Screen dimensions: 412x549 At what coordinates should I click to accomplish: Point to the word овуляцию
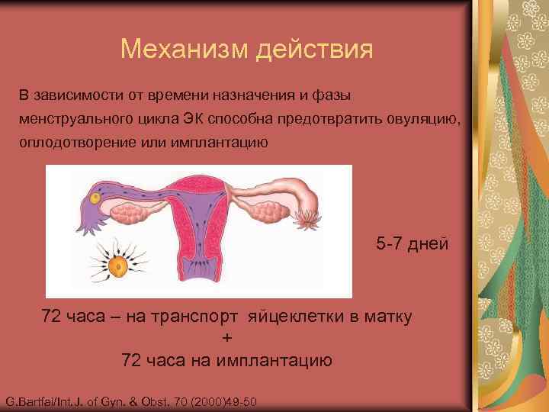pos(422,119)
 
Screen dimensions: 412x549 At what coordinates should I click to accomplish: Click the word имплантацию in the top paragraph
pos(222,143)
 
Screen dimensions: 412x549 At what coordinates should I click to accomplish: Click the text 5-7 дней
pos(413,245)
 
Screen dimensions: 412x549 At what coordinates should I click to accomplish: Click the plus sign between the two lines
pos(226,339)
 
